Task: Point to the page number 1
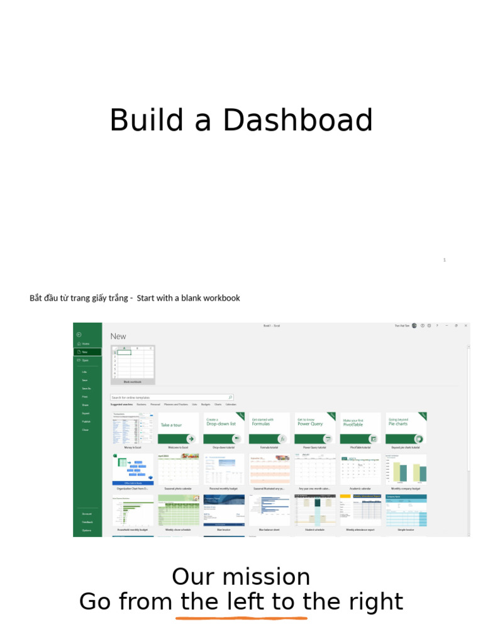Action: [444, 260]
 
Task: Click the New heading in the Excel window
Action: [118, 336]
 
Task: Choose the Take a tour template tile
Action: [179, 428]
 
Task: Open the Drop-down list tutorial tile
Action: [224, 428]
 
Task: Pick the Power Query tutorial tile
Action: [315, 428]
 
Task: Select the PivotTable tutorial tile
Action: [360, 428]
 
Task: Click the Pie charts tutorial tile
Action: [406, 428]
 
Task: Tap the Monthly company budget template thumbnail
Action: [406, 469]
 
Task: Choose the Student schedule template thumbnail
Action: [315, 510]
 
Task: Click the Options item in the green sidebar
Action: [87, 530]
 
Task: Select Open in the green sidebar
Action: [85, 360]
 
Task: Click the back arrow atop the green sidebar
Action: [79, 335]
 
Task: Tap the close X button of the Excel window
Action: [465, 326]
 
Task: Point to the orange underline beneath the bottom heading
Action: [241, 618]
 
